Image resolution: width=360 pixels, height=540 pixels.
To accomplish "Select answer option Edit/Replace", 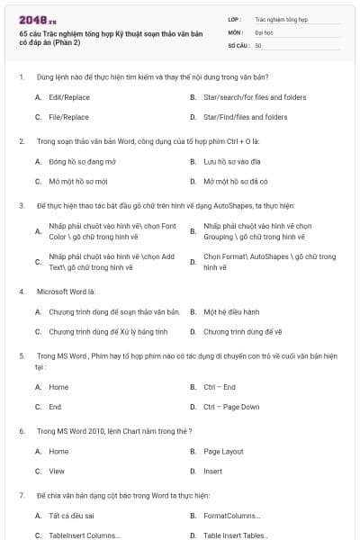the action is pos(69,96).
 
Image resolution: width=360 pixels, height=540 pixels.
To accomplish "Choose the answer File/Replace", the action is pos(68,117).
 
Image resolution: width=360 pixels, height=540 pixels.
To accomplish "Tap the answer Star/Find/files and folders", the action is pos(245,117).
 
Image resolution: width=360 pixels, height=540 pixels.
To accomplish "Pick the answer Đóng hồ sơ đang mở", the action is pos(83,162).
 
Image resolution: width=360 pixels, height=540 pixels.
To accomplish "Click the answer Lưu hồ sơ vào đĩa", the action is pos(232,162).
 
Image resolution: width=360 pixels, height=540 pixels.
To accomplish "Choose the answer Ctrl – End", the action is pos(220,387).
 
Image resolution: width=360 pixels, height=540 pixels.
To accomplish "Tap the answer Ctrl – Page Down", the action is pos(231,407).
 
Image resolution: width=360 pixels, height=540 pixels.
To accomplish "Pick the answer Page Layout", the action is pos(223,451).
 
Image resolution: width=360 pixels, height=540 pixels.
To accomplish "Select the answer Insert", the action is pos(212,471).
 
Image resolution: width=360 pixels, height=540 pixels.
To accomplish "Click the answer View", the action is pos(57,471).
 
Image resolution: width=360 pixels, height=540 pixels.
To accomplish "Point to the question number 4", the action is pos(21,292).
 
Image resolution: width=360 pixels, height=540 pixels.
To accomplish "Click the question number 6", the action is pos(21,431).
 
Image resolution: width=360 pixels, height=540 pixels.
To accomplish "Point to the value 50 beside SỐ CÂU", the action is pos(258,44).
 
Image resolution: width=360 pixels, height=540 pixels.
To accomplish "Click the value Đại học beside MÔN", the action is pos(263,31).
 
